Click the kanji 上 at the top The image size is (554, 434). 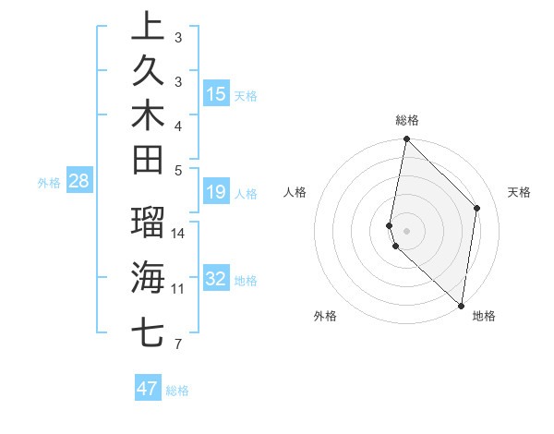(148, 26)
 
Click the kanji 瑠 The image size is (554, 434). (148, 223)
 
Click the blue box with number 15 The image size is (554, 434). (216, 93)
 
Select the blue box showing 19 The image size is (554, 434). (216, 192)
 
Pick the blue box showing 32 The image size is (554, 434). (216, 279)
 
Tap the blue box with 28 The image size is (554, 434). (78, 181)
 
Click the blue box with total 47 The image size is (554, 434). (147, 389)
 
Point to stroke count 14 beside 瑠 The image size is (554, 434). (178, 234)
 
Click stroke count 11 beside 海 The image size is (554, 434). (178, 289)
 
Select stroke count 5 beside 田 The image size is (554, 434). (178, 170)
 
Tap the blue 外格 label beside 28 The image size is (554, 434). (49, 183)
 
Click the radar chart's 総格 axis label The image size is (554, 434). (407, 120)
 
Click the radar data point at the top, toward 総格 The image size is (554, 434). (406, 139)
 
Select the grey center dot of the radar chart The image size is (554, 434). (406, 230)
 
